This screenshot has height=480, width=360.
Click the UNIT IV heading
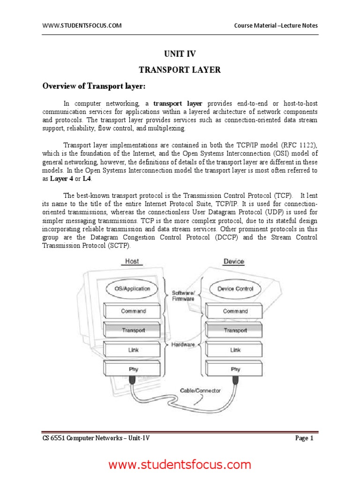click(180, 54)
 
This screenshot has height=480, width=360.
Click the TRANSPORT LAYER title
click(180, 70)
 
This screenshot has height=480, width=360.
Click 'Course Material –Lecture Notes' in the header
click(276, 25)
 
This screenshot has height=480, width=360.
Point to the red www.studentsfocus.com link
click(180, 465)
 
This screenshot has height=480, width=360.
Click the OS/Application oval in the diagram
click(133, 289)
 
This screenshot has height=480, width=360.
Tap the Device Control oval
click(235, 289)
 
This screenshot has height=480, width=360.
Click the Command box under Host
click(134, 311)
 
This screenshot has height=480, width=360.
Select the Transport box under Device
click(235, 330)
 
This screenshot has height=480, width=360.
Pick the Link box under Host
click(134, 350)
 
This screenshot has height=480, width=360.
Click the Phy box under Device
click(235, 369)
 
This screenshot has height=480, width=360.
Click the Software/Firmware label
click(184, 294)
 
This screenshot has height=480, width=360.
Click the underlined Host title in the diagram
click(132, 261)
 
